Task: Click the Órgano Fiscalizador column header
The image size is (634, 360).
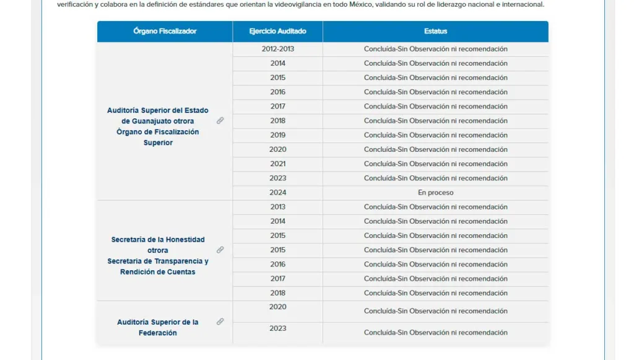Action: (165, 31)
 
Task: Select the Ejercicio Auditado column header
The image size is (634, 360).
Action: (277, 31)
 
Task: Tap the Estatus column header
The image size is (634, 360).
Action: (435, 31)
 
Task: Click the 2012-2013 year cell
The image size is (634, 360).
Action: (277, 49)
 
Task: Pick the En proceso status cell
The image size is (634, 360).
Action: (435, 193)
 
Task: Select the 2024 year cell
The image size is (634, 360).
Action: (277, 193)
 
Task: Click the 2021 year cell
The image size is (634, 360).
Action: (277, 164)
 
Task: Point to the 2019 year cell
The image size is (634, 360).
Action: (277, 135)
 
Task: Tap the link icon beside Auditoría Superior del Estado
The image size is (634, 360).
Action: (220, 121)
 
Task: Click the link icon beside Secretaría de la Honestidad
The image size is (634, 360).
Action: (220, 250)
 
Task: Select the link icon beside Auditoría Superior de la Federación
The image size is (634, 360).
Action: (220, 322)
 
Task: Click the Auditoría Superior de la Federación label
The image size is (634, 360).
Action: (158, 327)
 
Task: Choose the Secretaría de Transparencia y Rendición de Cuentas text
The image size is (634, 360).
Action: (158, 266)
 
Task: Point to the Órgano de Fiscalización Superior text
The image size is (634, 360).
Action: (158, 137)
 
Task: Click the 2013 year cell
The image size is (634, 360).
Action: (277, 207)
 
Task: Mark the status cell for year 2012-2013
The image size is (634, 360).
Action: (435, 49)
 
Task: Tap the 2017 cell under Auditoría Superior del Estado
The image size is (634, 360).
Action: (277, 107)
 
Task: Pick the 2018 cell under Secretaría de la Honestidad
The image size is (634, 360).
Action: (277, 293)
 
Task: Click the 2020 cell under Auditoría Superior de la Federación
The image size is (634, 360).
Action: (277, 307)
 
